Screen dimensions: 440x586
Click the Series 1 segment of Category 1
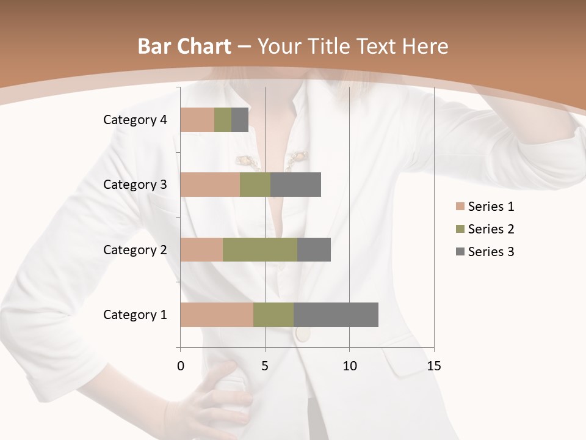pyautogui.click(x=217, y=315)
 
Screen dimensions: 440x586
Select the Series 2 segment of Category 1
pyautogui.click(x=273, y=315)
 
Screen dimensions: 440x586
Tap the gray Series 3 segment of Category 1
pyautogui.click(x=336, y=315)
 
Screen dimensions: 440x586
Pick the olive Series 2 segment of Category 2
pyautogui.click(x=260, y=249)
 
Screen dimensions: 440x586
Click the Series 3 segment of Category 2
pyautogui.click(x=314, y=249)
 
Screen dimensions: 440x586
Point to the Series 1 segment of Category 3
pyautogui.click(x=210, y=185)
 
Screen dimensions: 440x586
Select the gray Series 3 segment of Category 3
pyautogui.click(x=295, y=185)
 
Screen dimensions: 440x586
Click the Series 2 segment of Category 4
pyautogui.click(x=223, y=120)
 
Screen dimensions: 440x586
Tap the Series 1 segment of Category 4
pyautogui.click(x=197, y=120)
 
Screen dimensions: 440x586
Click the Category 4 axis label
pyautogui.click(x=135, y=120)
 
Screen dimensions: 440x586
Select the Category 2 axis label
pyautogui.click(x=135, y=249)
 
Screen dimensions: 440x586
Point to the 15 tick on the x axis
pyautogui.click(x=433, y=366)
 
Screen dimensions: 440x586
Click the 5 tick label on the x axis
pyautogui.click(x=265, y=366)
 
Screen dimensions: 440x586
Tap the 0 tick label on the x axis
pyautogui.click(x=180, y=366)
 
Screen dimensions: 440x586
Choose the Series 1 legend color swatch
pyautogui.click(x=460, y=207)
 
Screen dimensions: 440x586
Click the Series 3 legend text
pyautogui.click(x=491, y=252)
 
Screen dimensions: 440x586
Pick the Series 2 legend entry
pyautogui.click(x=485, y=229)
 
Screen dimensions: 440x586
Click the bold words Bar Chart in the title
pyautogui.click(x=184, y=46)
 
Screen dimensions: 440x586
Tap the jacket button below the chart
pyautogui.click(x=302, y=334)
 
